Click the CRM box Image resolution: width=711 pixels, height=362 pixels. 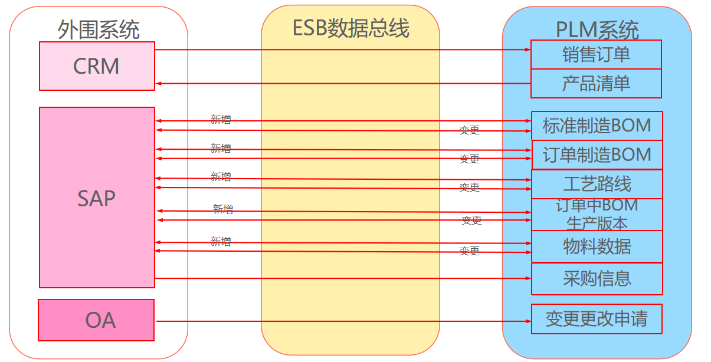pyautogui.click(x=97, y=66)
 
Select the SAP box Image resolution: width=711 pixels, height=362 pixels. pyautogui.click(x=97, y=198)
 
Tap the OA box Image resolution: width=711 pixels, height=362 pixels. pyautogui.click(x=96, y=320)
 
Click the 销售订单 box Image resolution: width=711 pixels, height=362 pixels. pyautogui.click(x=596, y=55)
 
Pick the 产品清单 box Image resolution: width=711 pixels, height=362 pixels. pyautogui.click(x=596, y=83)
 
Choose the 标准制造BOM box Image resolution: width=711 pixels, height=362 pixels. pyautogui.click(x=597, y=126)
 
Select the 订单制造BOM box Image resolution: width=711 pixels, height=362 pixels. pyautogui.click(x=597, y=154)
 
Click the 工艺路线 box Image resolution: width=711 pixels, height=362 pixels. pyautogui.click(x=597, y=184)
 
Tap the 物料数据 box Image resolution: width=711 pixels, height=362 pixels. pyautogui.click(x=597, y=246)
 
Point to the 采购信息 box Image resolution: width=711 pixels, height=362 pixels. pyautogui.click(x=597, y=278)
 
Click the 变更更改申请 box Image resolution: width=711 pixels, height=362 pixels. pyautogui.click(x=597, y=319)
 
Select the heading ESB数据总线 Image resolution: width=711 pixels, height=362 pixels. pyautogui.click(x=350, y=28)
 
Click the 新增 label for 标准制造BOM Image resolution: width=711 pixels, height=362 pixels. pyautogui.click(x=221, y=119)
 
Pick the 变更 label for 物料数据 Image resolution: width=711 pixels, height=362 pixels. pyautogui.click(x=470, y=251)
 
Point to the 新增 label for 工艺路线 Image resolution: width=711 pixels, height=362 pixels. pyautogui.click(x=221, y=176)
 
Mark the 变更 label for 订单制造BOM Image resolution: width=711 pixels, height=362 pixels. pyautogui.click(x=470, y=159)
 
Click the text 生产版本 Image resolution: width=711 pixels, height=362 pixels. pyautogui.click(x=597, y=223)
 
